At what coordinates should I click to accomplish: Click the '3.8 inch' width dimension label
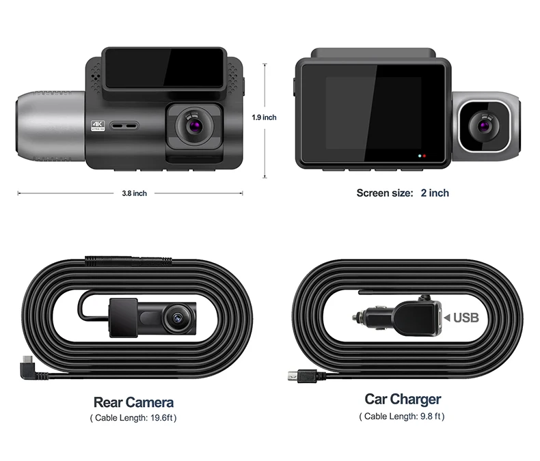pyautogui.click(x=134, y=193)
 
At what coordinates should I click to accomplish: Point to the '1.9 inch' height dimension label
pyautogui.click(x=264, y=117)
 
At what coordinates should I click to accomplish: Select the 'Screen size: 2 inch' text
pyautogui.click(x=403, y=193)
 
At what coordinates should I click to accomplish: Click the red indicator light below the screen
pyautogui.click(x=425, y=156)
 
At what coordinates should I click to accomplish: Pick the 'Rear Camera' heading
pyautogui.click(x=133, y=402)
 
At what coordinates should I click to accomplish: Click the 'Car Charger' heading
pyautogui.click(x=403, y=399)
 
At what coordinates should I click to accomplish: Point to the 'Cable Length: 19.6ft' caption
pyautogui.click(x=133, y=417)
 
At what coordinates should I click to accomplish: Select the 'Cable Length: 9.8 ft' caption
pyautogui.click(x=403, y=416)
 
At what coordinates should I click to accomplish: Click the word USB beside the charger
pyautogui.click(x=466, y=318)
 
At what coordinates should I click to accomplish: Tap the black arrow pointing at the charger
pyautogui.click(x=447, y=318)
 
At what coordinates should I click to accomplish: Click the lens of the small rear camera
pyautogui.click(x=176, y=317)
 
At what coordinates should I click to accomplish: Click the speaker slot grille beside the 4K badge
pyautogui.click(x=124, y=126)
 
